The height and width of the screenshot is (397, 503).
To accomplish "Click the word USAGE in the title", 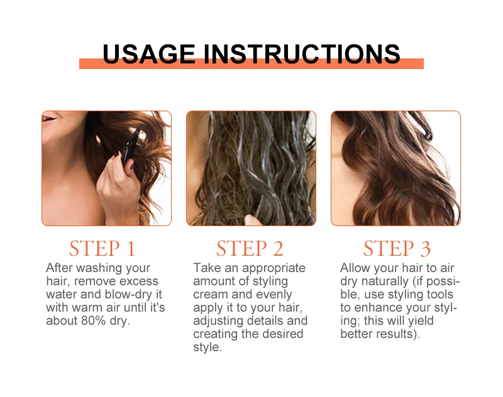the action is tap(149, 53).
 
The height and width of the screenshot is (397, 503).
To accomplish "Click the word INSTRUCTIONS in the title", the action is tap(302, 53).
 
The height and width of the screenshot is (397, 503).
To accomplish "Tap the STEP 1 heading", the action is tap(102, 249).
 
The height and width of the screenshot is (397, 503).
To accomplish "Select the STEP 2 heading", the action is tap(250, 249).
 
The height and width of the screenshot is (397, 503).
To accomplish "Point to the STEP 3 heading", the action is tap(397, 249).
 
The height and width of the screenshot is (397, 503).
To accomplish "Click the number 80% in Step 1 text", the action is tap(93, 321).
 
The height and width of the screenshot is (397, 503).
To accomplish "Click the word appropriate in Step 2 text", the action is tap(274, 268).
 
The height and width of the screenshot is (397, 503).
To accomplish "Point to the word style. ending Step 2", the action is tap(207, 347).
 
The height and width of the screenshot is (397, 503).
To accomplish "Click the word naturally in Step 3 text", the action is tap(385, 281).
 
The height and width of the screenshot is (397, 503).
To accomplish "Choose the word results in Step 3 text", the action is tap(394, 334).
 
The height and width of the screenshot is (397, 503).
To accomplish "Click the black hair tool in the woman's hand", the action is tap(131, 147).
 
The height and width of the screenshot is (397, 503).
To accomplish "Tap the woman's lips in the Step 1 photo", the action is tap(50, 119).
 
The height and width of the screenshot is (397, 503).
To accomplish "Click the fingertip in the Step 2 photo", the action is tap(249, 220).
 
